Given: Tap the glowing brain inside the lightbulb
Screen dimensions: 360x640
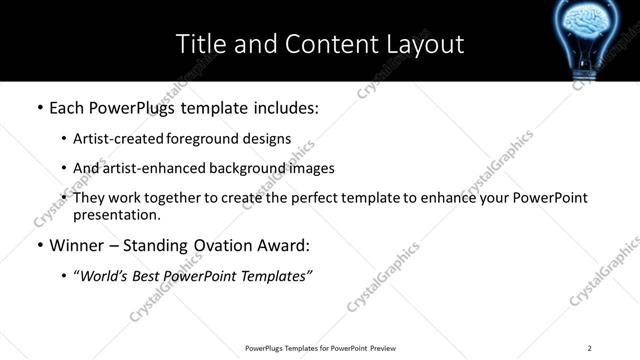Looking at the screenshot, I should click(x=592, y=22).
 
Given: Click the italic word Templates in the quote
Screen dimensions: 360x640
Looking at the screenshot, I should click(x=272, y=276).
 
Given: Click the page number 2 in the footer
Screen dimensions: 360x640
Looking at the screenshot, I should click(x=590, y=347).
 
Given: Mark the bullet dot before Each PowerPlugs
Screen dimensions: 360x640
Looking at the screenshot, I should click(x=39, y=108).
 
